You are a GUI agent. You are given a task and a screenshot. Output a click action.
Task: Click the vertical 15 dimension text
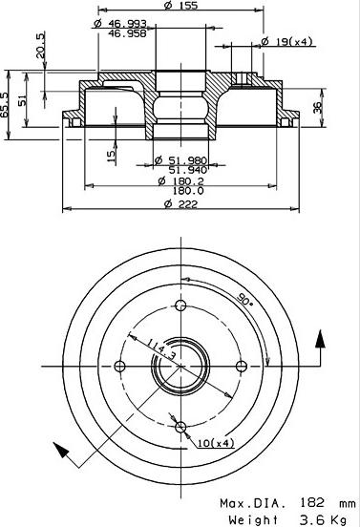point(113,152)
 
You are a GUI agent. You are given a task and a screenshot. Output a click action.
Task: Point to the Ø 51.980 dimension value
point(180,159)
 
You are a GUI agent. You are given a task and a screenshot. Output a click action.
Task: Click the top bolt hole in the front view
point(180,306)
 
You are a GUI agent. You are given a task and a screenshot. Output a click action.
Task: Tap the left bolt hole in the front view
point(119,367)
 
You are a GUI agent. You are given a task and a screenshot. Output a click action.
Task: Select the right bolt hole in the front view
point(242,367)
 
